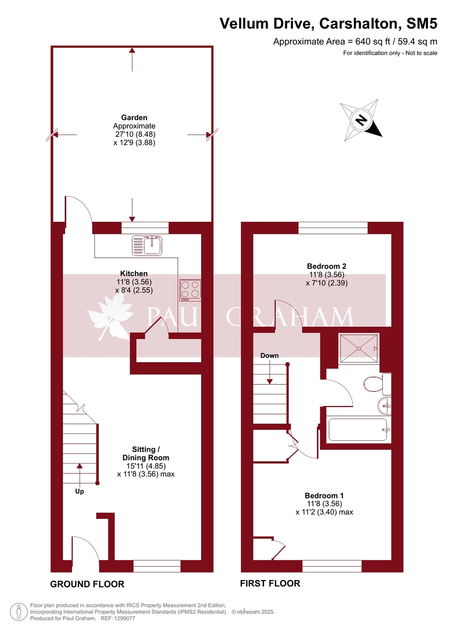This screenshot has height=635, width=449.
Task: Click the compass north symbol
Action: pos(362,119)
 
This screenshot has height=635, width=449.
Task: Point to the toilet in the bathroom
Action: pos(373,384)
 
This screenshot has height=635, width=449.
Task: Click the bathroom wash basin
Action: pos(384,406)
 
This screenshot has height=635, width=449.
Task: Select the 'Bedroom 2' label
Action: pos(326,266)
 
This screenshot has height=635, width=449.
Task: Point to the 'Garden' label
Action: pos(134,117)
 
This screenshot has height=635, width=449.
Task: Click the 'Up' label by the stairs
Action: pos(79,491)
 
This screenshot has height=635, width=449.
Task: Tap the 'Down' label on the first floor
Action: pos(269,356)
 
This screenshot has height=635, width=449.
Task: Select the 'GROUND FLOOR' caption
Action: pos(87,584)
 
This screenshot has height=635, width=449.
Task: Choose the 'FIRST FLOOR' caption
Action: pos(270,584)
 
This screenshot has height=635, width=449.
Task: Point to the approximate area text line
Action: pos(355,42)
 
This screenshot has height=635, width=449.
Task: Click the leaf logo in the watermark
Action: pos(110,317)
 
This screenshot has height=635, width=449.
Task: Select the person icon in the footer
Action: pos(19,612)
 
